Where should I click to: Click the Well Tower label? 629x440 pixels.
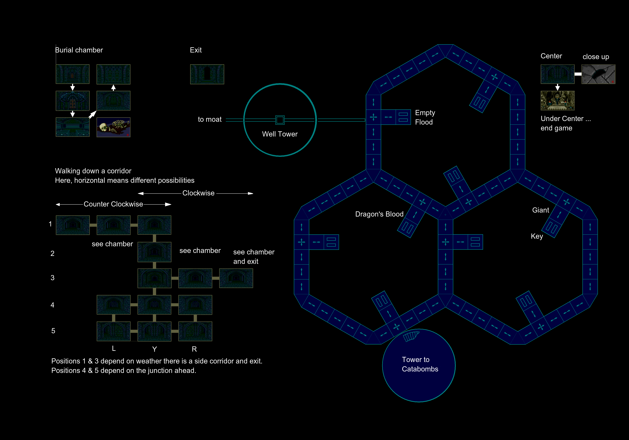tap(280, 134)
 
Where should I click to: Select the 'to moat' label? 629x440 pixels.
tap(210, 119)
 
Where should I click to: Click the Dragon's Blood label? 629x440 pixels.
tap(379, 214)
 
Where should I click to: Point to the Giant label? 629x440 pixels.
tap(541, 210)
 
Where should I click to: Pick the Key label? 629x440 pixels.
tap(537, 236)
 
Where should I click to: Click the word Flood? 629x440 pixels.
tap(424, 122)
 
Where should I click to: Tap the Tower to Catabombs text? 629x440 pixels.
tap(420, 364)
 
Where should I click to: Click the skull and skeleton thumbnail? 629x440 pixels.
tap(113, 127)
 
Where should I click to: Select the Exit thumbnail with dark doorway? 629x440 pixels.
tap(207, 74)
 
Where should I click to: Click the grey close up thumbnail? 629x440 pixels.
tap(598, 74)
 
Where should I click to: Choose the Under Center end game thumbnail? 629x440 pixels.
tap(558, 101)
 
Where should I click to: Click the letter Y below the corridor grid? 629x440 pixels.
tap(154, 349)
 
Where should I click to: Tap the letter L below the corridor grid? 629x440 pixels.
tap(114, 348)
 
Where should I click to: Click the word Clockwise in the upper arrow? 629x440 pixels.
tap(198, 193)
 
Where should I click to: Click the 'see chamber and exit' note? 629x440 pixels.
tap(254, 257)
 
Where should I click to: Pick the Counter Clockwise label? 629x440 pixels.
tap(113, 204)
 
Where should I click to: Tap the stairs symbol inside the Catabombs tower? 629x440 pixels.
tap(411, 336)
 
